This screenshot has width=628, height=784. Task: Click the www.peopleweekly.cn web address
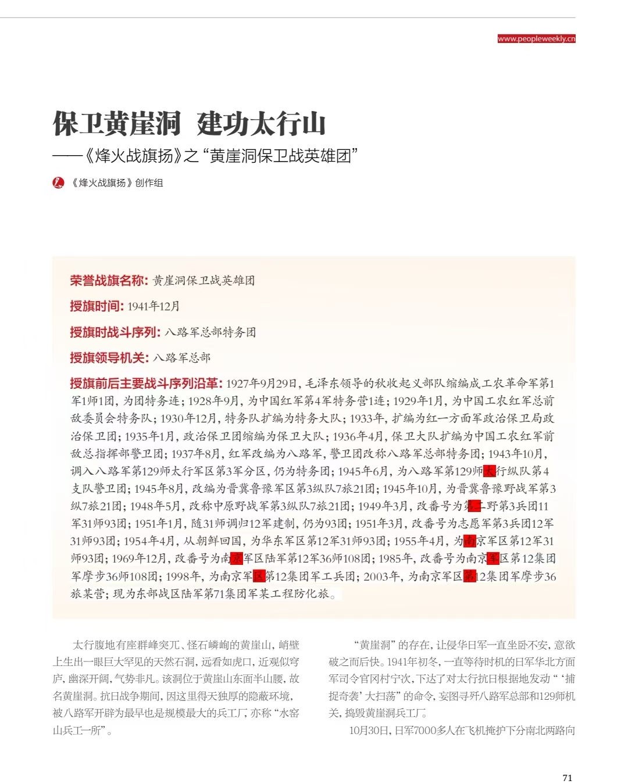536,39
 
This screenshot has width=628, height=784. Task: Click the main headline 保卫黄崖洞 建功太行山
189,123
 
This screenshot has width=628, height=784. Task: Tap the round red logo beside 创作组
58,182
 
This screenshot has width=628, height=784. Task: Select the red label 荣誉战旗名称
109,281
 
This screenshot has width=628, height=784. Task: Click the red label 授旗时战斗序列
115,332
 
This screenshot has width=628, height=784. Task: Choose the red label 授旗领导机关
109,358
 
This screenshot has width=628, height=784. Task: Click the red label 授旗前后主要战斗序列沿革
146,384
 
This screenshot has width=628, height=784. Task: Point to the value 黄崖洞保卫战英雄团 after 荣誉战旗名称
204,281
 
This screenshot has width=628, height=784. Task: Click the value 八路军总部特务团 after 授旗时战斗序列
210,332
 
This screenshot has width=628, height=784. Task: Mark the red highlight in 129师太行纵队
490,471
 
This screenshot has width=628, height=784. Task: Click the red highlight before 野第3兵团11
474,506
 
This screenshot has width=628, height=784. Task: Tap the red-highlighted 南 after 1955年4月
470,541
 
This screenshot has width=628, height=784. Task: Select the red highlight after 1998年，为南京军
259,577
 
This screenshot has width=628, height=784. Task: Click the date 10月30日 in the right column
369,731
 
